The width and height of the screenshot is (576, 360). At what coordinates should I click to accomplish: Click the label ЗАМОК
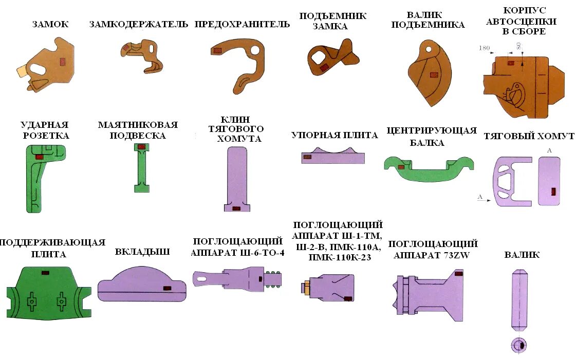(x=50, y=24)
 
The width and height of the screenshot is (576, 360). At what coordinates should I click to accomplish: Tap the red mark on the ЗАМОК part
(x=63, y=62)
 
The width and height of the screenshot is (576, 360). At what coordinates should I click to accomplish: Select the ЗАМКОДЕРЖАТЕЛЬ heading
(x=139, y=24)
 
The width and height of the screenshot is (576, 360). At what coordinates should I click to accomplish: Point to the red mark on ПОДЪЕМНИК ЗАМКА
(x=324, y=67)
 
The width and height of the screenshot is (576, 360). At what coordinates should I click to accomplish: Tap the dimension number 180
(x=484, y=48)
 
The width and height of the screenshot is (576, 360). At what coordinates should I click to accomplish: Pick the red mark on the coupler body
(x=510, y=63)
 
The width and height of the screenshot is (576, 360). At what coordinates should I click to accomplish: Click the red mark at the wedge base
(x=236, y=209)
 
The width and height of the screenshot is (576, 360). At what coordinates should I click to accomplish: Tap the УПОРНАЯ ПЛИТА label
(x=335, y=135)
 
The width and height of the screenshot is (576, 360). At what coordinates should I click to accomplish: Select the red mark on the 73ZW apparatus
(x=458, y=274)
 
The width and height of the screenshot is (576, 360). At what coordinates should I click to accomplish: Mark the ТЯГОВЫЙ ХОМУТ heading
(x=529, y=136)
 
